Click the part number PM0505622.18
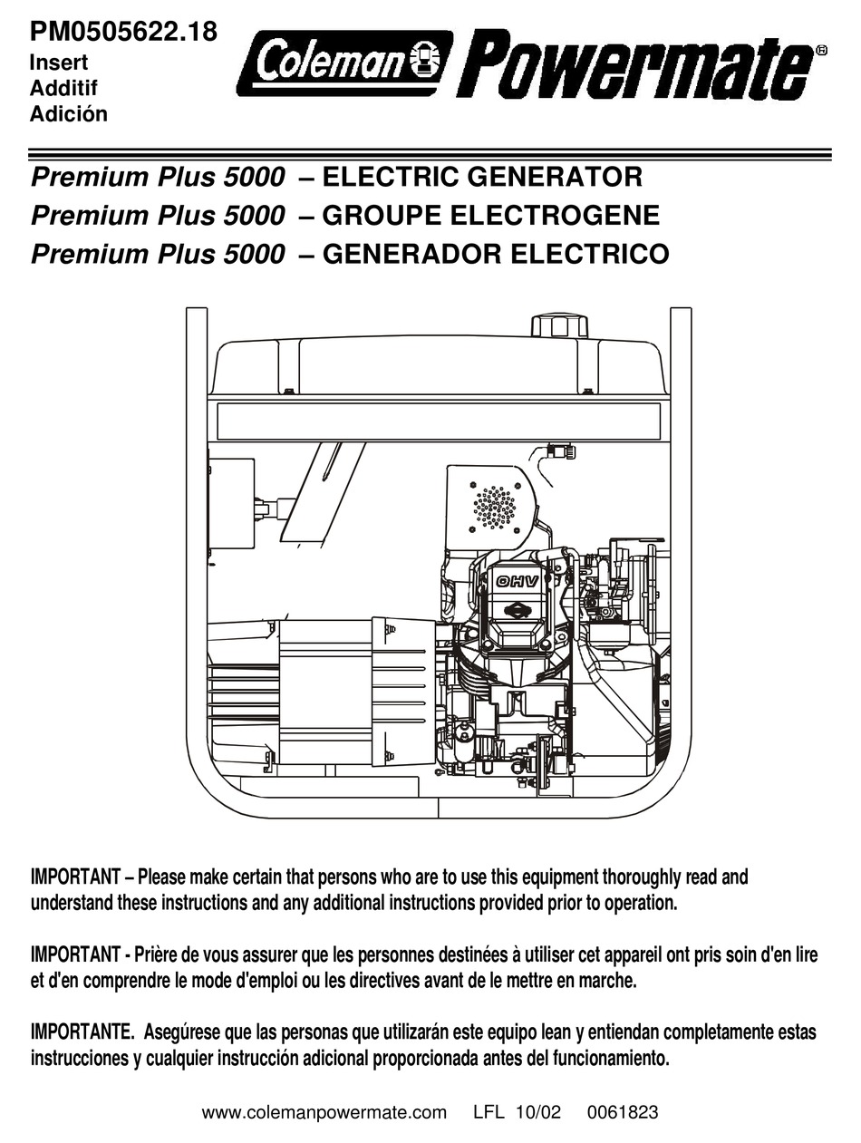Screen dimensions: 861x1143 click(x=123, y=32)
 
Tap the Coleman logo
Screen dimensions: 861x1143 click(x=344, y=63)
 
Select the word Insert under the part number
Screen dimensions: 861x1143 click(x=59, y=64)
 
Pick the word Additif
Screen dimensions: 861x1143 click(x=63, y=89)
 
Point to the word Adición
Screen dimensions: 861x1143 click(x=69, y=114)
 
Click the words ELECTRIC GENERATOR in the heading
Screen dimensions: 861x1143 click(x=482, y=177)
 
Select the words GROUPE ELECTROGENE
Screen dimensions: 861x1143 click(x=490, y=216)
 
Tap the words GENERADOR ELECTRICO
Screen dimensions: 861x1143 click(x=496, y=254)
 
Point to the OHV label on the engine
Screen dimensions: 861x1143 click(x=517, y=581)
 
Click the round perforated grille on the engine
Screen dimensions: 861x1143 click(x=495, y=507)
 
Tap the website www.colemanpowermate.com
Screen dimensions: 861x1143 click(x=324, y=1112)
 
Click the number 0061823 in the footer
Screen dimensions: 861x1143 click(x=622, y=1112)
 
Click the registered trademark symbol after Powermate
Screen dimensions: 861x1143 click(x=821, y=52)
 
